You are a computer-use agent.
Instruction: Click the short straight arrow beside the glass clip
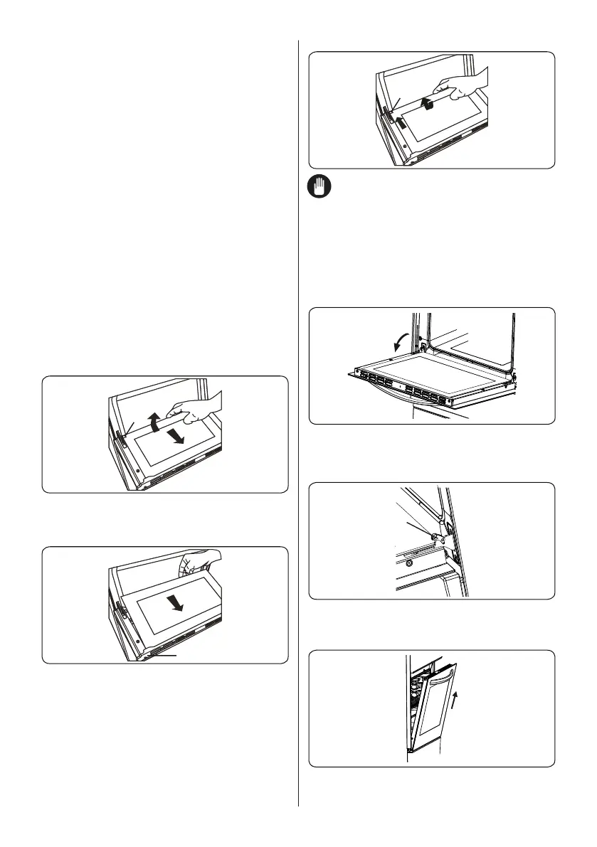click(x=402, y=122)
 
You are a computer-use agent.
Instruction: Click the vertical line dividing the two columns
click(x=298, y=427)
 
